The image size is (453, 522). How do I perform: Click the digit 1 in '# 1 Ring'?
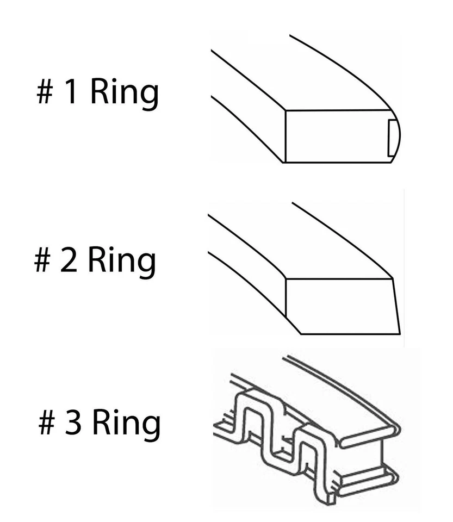tap(71, 93)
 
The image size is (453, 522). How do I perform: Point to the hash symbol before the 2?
tap(42, 261)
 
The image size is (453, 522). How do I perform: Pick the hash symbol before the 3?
tap(46, 424)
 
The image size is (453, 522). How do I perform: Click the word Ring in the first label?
tap(124, 93)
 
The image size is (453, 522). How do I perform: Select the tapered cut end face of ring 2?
tap(342, 306)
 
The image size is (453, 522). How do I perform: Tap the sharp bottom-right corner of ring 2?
tap(400, 333)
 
